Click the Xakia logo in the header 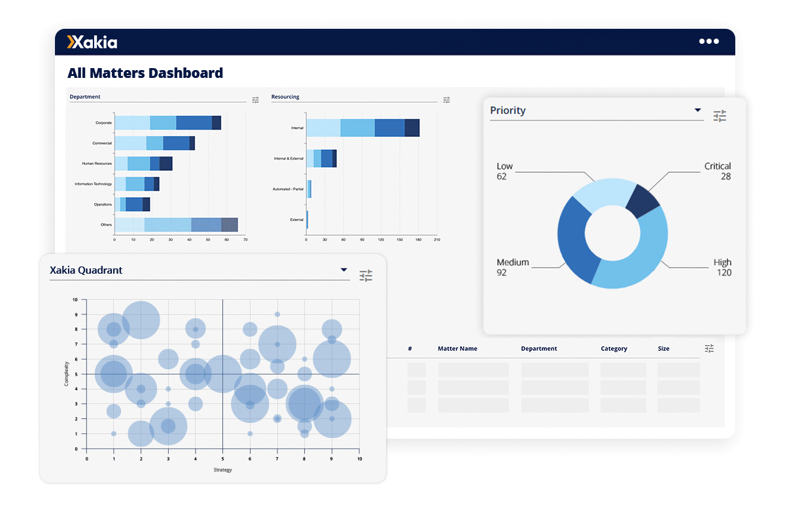pos(92,43)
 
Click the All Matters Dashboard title pos(145,73)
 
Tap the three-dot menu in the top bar pos(708,41)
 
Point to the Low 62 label pos(504,171)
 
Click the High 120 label pos(722,267)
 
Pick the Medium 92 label pos(512,267)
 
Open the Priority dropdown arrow pos(697,110)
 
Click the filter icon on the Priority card pos(720,116)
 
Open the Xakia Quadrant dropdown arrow pos(343,270)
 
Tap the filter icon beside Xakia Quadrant pos(366,276)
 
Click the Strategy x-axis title pos(222,470)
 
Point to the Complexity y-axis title pos(67,375)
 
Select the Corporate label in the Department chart pos(103,122)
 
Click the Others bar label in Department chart pos(105,225)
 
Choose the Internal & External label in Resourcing pos(288,158)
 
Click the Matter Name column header pos(457,349)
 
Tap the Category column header pos(614,349)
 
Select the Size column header pos(663,349)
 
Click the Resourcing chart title pos(285,97)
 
